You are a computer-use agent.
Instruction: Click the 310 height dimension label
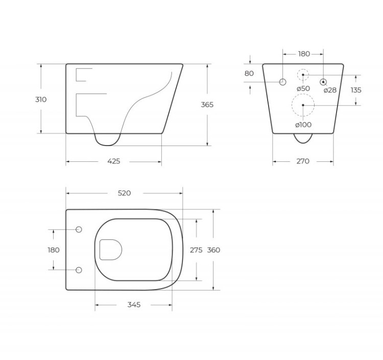point(40,100)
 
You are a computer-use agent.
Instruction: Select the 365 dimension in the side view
point(207,105)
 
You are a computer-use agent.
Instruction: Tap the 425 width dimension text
point(114,161)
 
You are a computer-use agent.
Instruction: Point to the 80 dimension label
point(249,74)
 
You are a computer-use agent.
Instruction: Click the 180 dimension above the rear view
point(303,54)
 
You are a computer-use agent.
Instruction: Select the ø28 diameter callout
point(330,90)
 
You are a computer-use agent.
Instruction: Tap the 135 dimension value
point(356,90)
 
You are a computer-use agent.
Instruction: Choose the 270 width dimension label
point(303,161)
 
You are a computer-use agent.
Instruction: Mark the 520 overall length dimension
point(124,193)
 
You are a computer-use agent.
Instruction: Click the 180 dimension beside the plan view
point(53,250)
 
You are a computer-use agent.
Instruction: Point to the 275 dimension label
point(196,250)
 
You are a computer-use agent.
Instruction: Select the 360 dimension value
point(213,250)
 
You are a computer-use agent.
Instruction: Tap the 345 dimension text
point(133,304)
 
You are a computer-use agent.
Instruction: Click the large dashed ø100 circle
point(303,105)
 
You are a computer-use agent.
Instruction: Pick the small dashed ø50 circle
point(303,75)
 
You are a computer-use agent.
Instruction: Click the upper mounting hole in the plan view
point(79,230)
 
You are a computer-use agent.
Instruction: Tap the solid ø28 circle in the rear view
point(323,82)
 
